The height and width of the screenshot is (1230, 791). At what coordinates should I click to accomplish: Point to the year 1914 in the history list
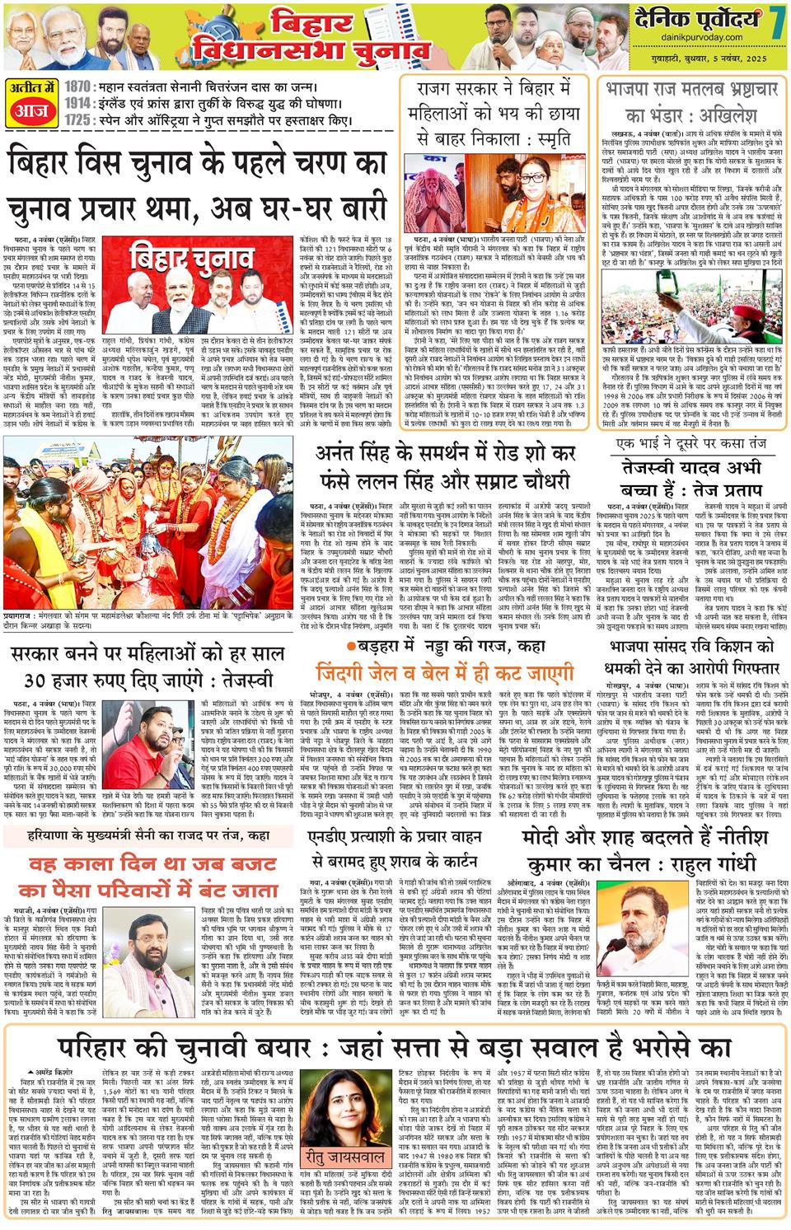tap(78, 104)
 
